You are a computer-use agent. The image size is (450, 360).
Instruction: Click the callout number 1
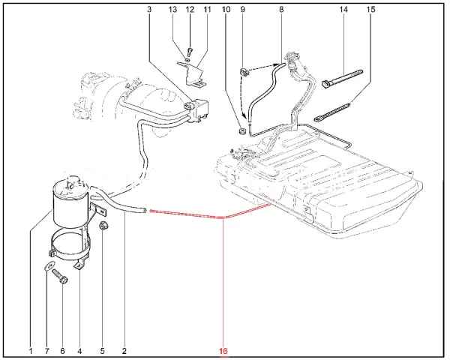click(31, 350)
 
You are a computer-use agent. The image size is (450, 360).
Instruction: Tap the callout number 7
click(46, 350)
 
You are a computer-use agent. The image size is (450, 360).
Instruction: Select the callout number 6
click(62, 350)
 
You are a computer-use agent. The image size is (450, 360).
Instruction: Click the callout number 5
click(103, 350)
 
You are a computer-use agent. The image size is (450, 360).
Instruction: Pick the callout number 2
click(124, 350)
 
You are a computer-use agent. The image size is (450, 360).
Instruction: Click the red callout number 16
click(223, 350)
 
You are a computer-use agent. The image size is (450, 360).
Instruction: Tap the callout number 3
click(149, 10)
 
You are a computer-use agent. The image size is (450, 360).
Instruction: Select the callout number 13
click(173, 10)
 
